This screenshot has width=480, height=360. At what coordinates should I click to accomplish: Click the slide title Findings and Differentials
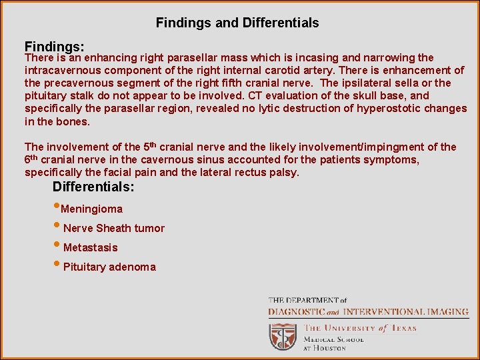(237, 23)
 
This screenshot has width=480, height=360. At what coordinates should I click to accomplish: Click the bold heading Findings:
(54, 47)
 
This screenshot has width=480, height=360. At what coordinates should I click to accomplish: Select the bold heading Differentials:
(93, 187)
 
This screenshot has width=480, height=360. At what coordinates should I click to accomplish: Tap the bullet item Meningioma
(92, 209)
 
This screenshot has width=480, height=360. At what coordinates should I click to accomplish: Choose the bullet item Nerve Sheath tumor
(113, 229)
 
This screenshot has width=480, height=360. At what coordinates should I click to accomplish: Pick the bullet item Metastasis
(90, 248)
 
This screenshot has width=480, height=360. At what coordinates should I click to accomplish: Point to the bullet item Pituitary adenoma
(109, 267)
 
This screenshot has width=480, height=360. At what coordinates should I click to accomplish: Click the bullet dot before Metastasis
(57, 247)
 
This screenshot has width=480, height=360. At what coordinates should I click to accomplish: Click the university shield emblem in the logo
(283, 336)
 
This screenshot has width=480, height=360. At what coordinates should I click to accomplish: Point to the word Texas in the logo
(404, 329)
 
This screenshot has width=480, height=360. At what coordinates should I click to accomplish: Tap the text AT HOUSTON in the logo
(325, 348)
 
